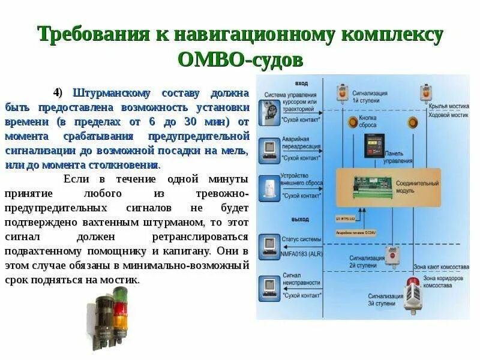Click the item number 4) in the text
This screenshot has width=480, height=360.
[58, 94]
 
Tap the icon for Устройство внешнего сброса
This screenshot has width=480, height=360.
[267, 188]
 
